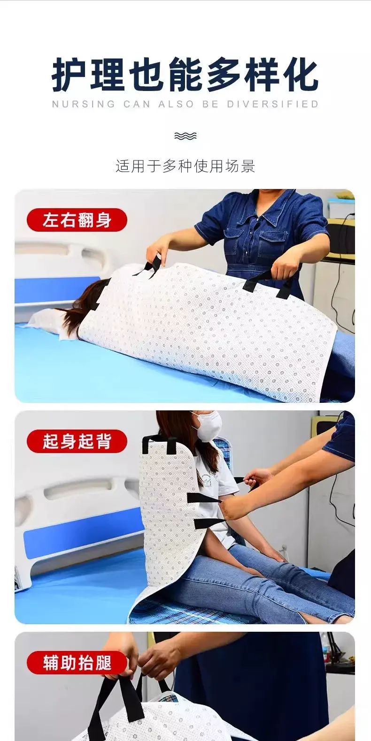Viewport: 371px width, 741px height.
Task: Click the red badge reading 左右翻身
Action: (x=77, y=220)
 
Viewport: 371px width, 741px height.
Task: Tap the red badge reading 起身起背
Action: (x=77, y=441)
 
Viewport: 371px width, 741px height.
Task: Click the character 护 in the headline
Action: (x=69, y=74)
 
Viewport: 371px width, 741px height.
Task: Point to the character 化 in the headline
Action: (x=301, y=74)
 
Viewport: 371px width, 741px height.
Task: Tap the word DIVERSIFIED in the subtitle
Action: (x=272, y=104)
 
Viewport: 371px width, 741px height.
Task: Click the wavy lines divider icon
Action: (x=185, y=136)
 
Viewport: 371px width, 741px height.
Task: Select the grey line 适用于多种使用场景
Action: (x=185, y=166)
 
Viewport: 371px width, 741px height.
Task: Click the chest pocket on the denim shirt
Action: (x=273, y=239)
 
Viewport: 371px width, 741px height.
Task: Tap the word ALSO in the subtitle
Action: (x=176, y=104)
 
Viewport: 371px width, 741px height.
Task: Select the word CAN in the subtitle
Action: (x=137, y=104)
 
